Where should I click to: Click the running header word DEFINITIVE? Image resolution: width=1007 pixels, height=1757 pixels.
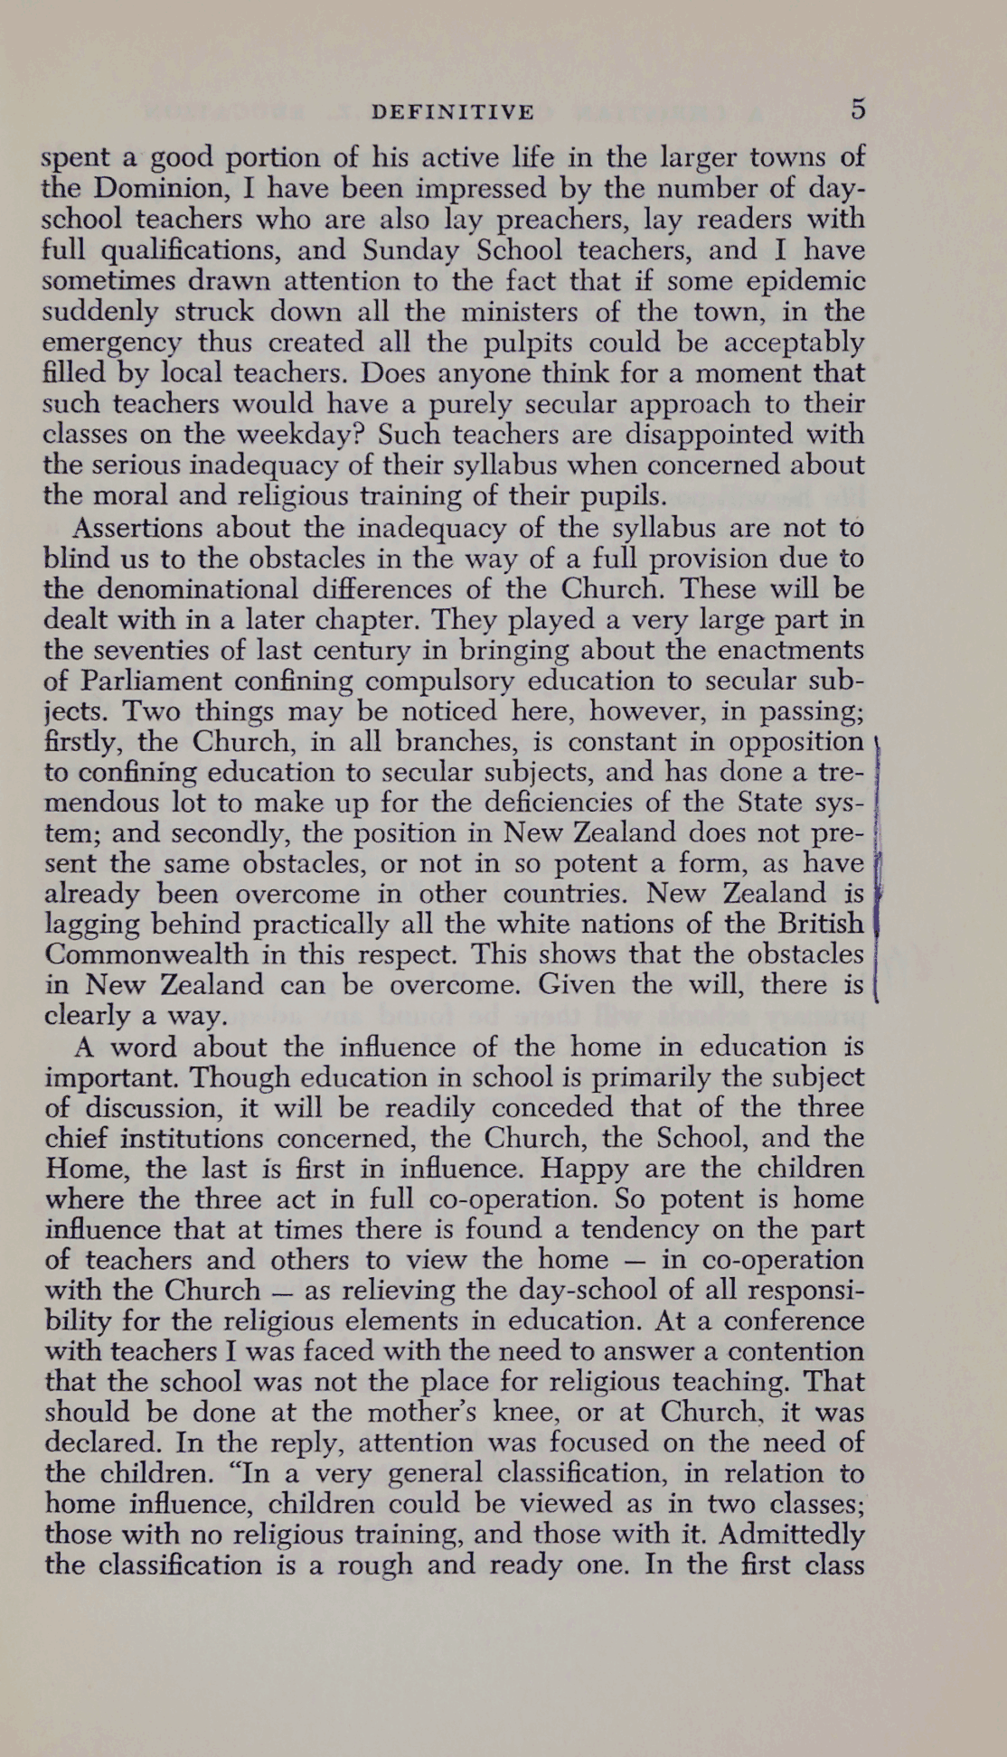tap(453, 112)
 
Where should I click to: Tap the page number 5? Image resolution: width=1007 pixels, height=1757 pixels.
tap(857, 109)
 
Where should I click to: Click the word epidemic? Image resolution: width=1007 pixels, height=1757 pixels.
tap(803, 281)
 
